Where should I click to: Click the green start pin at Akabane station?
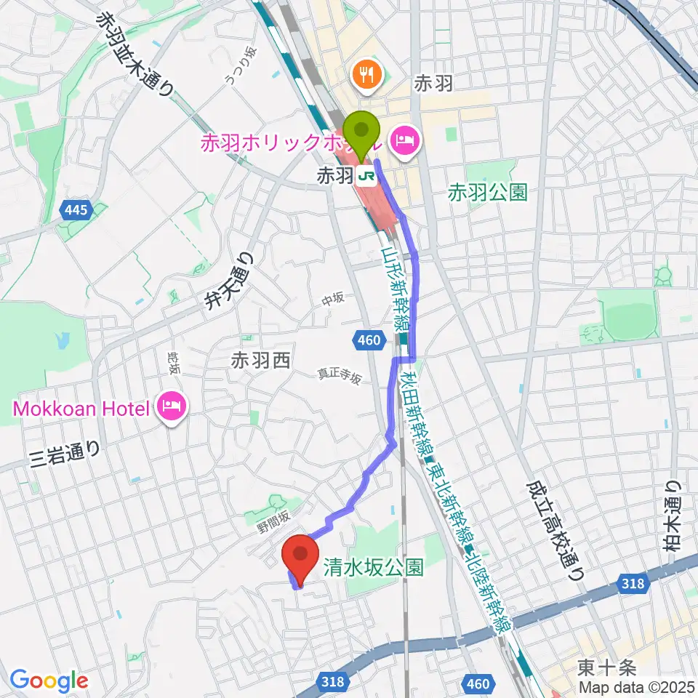pyautogui.click(x=361, y=131)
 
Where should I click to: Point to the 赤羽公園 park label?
pyautogui.click(x=487, y=193)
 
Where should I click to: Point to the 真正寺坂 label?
pyautogui.click(x=339, y=377)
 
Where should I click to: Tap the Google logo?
pyautogui.click(x=49, y=681)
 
